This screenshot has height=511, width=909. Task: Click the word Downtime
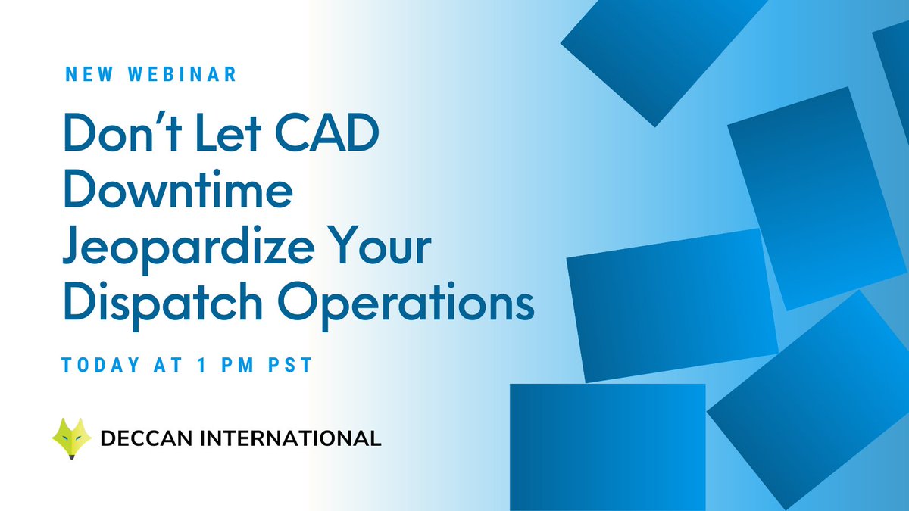[177, 192]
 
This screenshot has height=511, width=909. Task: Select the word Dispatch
[164, 305]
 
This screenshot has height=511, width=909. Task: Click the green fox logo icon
[71, 438]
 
